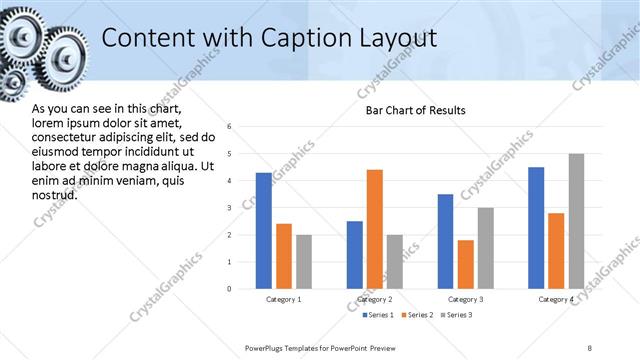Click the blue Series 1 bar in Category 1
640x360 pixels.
point(263,231)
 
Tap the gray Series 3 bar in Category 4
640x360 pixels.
point(576,221)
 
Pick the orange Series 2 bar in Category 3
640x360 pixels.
point(465,264)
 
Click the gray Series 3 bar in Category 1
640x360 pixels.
point(304,262)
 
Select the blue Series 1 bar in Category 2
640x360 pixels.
point(355,255)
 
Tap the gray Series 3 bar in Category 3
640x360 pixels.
point(485,248)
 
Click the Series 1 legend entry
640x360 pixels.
point(377,316)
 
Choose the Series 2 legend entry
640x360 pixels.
point(418,316)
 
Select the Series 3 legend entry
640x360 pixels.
point(458,316)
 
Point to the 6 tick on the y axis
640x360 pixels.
point(229,127)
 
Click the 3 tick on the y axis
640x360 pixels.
point(229,208)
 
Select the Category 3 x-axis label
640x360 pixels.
point(465,299)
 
